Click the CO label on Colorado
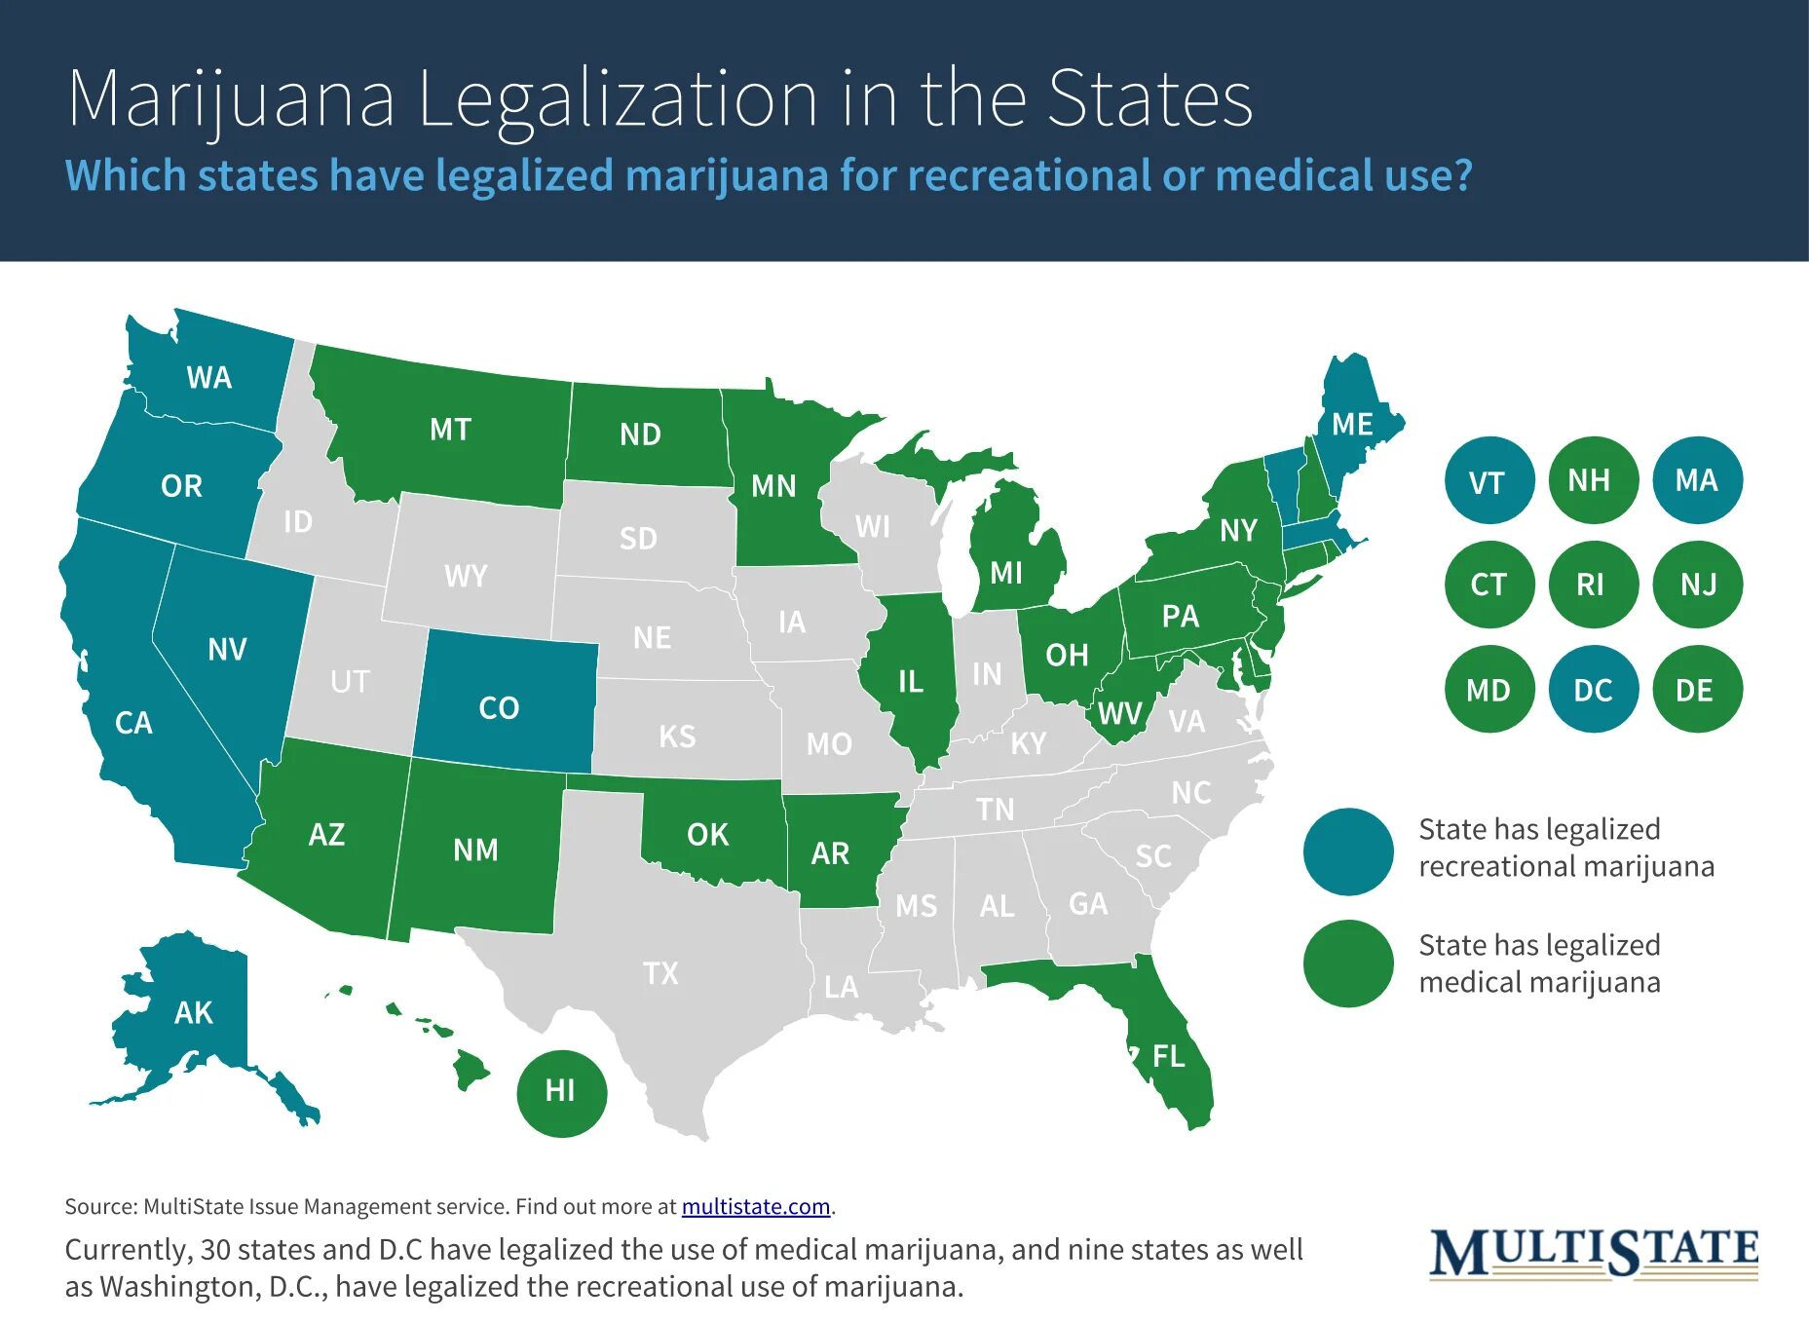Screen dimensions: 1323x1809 [499, 707]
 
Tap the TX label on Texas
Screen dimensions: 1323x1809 [660, 972]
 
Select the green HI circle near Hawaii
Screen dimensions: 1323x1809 [561, 1091]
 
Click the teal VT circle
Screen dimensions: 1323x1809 [1489, 481]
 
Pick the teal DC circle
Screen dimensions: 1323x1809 [1594, 690]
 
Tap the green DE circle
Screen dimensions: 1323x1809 [1696, 690]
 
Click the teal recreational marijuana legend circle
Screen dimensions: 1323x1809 [1348, 850]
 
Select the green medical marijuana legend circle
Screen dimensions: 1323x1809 [1348, 964]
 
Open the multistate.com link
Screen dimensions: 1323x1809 [755, 1207]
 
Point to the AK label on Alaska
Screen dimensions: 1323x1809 [193, 1013]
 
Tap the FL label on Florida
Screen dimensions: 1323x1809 [1169, 1056]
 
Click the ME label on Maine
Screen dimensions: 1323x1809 [1352, 425]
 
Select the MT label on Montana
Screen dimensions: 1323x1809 [450, 430]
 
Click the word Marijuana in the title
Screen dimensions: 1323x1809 [232, 99]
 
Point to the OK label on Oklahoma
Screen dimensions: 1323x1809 [707, 835]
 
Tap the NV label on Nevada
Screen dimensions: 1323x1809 [227, 650]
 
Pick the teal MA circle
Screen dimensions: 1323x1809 [1697, 480]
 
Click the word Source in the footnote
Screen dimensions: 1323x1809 [100, 1207]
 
